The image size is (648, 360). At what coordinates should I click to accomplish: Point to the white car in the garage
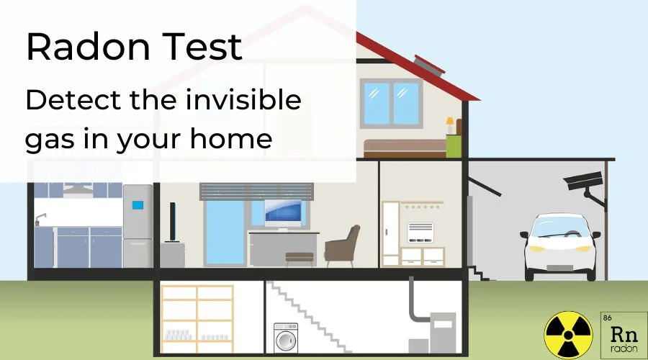(x=560, y=247)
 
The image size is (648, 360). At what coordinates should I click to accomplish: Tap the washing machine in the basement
(x=286, y=336)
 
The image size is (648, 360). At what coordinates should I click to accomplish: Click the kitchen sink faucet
(x=41, y=217)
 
